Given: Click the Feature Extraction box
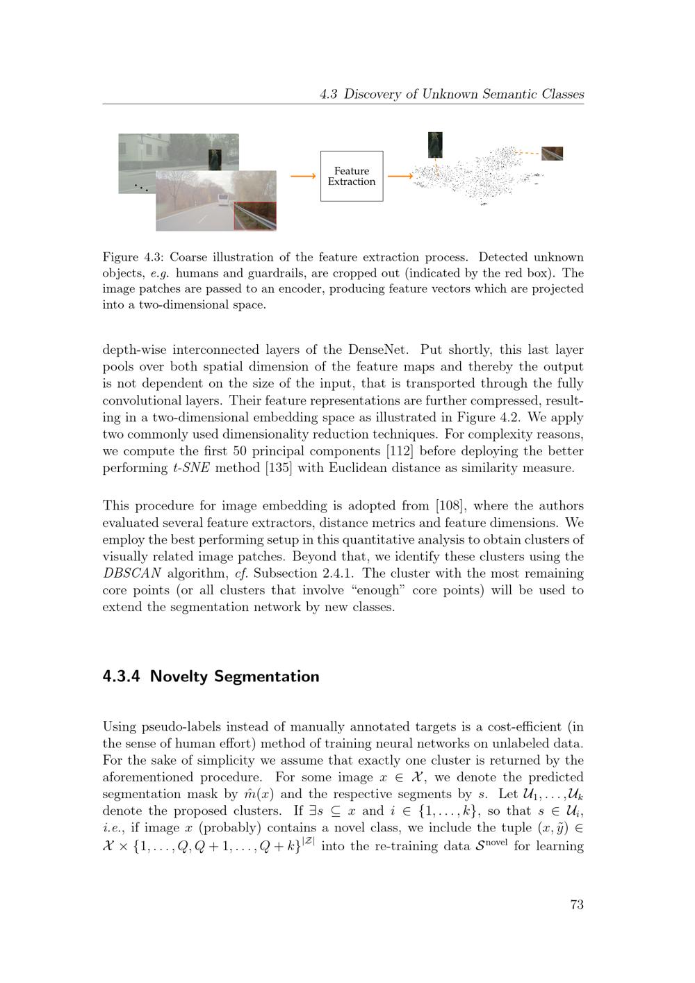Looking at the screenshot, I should click(x=351, y=176).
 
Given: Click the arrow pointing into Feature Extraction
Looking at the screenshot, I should click(x=303, y=177).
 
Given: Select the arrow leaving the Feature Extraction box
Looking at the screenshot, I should click(x=400, y=177).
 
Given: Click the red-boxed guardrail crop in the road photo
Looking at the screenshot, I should click(x=255, y=216).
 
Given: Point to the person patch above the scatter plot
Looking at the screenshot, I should click(x=435, y=145).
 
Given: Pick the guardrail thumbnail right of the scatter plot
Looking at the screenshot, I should click(x=552, y=153).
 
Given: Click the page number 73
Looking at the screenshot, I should click(x=576, y=904).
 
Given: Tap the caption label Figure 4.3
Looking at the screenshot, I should click(x=131, y=257).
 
